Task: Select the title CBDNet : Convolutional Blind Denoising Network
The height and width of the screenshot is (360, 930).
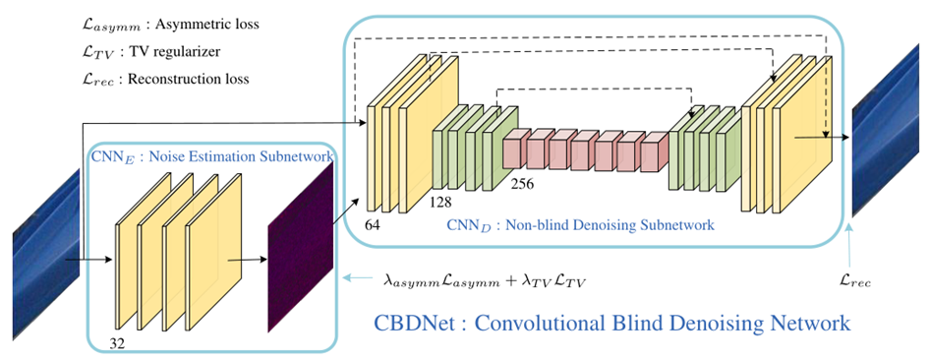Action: (x=611, y=323)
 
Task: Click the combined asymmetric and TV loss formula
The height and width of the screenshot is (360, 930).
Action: (x=486, y=281)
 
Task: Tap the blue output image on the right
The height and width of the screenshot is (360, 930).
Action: (x=890, y=138)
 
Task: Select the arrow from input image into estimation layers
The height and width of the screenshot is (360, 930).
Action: (x=88, y=262)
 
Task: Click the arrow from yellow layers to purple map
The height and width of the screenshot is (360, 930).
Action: (x=246, y=260)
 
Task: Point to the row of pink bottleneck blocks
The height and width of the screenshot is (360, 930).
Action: (x=585, y=152)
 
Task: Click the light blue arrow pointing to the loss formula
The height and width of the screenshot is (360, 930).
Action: (x=356, y=280)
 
